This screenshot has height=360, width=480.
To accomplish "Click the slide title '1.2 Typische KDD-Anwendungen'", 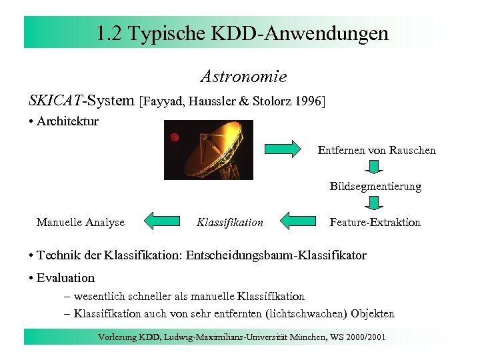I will pos(241,33).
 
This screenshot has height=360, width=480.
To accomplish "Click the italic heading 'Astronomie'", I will pos(244,77).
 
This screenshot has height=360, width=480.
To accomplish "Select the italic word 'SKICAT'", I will pos(55,101).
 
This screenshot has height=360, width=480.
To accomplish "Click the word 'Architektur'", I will pos(68,121).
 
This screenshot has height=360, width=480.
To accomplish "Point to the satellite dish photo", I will pos(209,150).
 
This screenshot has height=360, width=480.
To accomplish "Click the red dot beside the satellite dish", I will pos(175,137).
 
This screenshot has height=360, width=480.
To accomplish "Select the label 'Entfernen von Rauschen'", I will pos(377,151).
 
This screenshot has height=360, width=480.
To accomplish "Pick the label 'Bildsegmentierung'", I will pos(375,187).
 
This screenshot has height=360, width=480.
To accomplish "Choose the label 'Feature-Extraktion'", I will pos(375,223).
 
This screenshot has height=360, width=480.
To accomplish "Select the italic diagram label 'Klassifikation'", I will pos(230,223).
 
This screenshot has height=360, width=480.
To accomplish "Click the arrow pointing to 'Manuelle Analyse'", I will pos(163,221).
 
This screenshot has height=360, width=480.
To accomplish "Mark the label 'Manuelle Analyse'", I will pos(81,223).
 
